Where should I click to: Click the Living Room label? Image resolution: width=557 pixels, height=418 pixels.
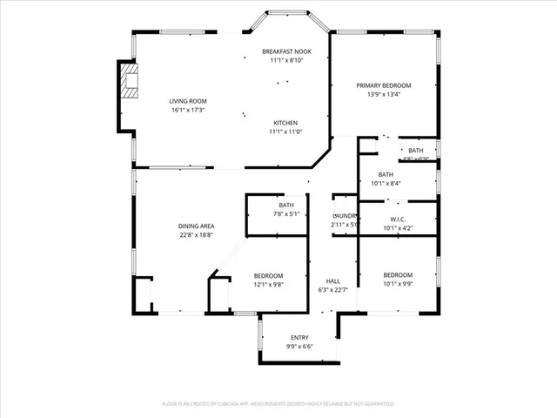click(187, 101)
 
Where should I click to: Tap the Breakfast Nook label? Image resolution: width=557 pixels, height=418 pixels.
click(286, 52)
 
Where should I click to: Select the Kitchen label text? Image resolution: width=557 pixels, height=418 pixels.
click(286, 123)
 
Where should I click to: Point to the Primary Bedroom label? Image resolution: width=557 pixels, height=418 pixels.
click(384, 85)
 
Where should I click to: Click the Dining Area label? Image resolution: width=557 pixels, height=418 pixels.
click(196, 226)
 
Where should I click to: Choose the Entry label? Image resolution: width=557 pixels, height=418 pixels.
click(299, 338)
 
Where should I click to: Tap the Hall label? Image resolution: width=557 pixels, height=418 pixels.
click(333, 281)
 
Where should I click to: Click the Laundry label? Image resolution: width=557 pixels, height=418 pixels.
click(345, 215)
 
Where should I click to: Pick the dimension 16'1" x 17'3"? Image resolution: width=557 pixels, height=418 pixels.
click(187, 111)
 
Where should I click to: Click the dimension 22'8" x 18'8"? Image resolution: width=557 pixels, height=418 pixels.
click(196, 234)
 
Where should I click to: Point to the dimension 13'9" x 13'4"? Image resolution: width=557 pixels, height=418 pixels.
click(384, 94)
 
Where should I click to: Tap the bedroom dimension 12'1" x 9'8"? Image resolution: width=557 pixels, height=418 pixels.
click(268, 284)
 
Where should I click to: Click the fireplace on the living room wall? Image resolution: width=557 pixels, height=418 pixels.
click(129, 80)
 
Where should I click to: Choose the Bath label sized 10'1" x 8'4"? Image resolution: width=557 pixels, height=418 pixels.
click(386, 174)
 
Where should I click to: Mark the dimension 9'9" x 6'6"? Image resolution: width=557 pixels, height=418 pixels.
click(299, 347)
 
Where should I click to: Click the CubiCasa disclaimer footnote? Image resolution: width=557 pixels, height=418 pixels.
click(278, 404)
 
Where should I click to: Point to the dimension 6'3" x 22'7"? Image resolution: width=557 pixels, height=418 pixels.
click(333, 290)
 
